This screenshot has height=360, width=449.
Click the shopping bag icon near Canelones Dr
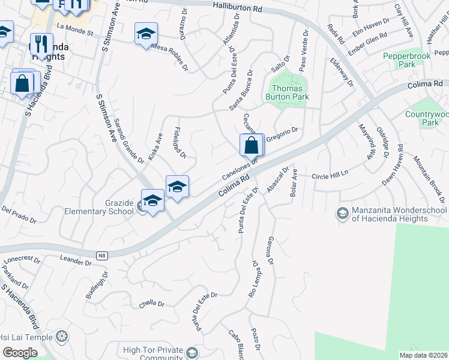click(x=252, y=146)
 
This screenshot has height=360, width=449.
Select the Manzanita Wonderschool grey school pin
click(x=342, y=213)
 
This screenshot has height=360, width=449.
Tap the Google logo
click(x=20, y=353)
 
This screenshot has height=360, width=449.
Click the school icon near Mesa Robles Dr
click(x=145, y=35)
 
